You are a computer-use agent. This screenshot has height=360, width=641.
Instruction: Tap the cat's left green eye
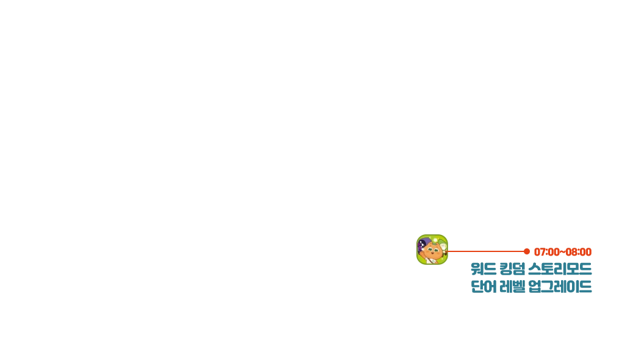pyautogui.click(x=430, y=249)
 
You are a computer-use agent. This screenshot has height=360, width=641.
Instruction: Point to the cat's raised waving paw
pyautogui.click(x=421, y=253)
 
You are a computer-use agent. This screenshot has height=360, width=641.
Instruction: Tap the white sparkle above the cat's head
pyautogui.click(x=435, y=240)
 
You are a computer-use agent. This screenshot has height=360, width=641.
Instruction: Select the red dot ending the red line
pyautogui.click(x=527, y=251)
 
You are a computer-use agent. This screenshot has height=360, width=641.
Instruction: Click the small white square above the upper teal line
pyautogui.click(x=530, y=261)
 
